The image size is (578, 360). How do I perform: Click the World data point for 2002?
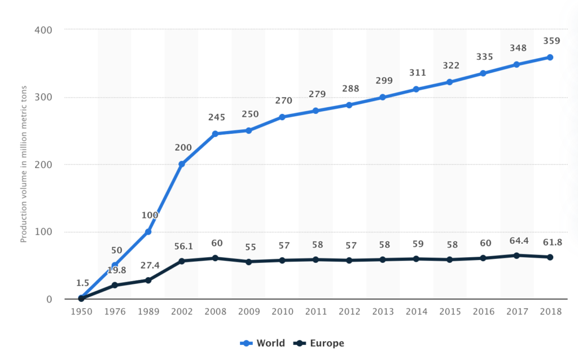[x=182, y=164]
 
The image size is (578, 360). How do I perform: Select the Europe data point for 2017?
[x=517, y=256]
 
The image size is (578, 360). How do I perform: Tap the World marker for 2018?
[x=550, y=57]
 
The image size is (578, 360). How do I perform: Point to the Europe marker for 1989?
[x=148, y=280]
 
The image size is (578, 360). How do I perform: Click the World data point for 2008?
[x=215, y=134]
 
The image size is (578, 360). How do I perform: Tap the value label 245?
[x=216, y=117]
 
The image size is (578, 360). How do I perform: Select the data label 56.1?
[x=182, y=246]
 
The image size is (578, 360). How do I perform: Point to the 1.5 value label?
[x=83, y=282]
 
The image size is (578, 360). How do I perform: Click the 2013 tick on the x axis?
[x=383, y=311]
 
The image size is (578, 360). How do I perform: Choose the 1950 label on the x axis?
[x=81, y=311]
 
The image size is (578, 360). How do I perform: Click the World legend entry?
[x=263, y=343]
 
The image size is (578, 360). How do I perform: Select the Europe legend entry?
[x=319, y=343]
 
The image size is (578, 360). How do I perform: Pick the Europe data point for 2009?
[x=249, y=262]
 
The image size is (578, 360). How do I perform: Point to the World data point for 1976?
[x=115, y=265]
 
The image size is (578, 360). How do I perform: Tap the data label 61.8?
[x=550, y=242]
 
